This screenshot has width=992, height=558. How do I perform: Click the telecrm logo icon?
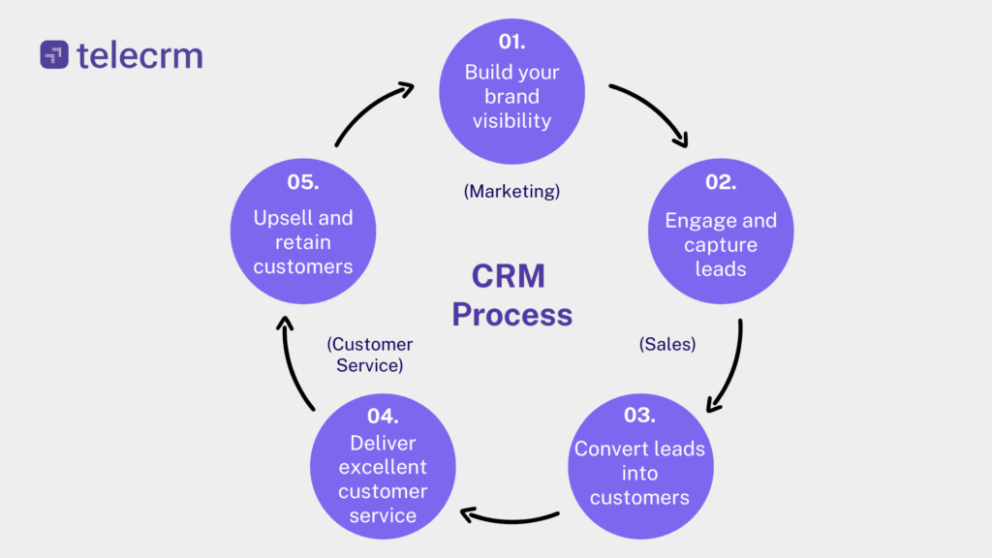[x=54, y=54]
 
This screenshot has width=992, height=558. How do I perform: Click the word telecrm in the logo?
[x=139, y=54]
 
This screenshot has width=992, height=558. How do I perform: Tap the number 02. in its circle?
[x=720, y=182]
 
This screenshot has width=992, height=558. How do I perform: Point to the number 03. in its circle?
[x=638, y=416]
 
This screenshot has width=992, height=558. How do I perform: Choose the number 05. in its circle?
[x=302, y=182]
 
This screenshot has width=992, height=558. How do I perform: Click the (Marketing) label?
[x=511, y=191]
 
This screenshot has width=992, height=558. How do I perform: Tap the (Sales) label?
[x=667, y=343]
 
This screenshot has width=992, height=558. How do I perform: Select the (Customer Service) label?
[x=370, y=355]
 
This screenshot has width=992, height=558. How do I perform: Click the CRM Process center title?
[x=511, y=295]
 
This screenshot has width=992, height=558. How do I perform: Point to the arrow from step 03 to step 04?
[x=509, y=517]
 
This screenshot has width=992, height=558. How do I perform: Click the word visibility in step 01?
[x=511, y=121]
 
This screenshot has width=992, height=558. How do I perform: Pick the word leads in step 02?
[x=720, y=269]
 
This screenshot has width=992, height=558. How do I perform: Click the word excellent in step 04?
[x=382, y=467]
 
